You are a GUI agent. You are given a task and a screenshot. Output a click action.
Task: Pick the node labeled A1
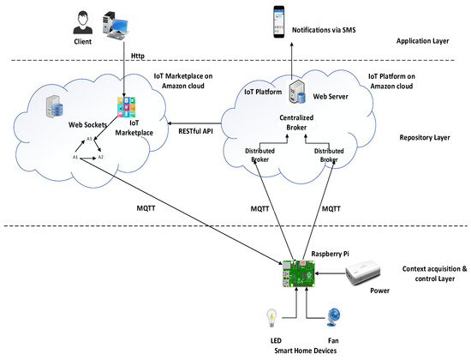pos(76,157)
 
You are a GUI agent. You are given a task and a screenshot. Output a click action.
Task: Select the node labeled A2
pos(100,157)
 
